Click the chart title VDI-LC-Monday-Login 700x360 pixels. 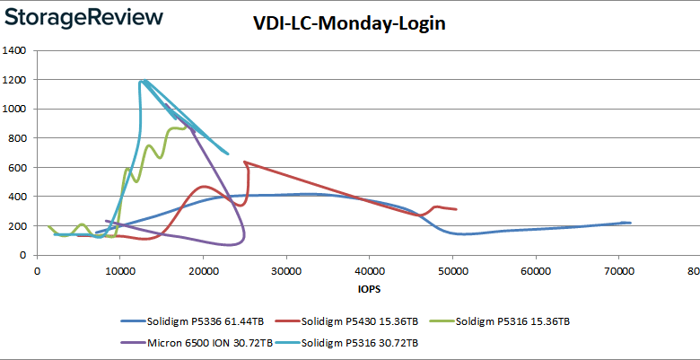(x=349, y=23)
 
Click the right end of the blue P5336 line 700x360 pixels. (x=631, y=223)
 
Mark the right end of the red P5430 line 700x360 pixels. (x=457, y=209)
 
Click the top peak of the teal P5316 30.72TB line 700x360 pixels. (x=143, y=81)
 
